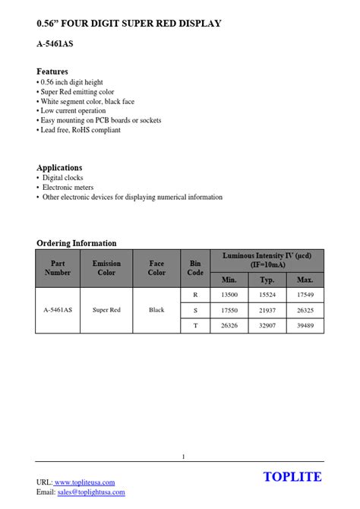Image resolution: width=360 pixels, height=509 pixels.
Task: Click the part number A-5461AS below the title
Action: (x=55, y=44)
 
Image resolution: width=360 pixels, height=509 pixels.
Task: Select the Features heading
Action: (x=52, y=71)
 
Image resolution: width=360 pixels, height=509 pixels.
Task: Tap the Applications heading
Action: (x=59, y=167)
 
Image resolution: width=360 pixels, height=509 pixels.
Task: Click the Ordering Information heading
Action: (x=77, y=243)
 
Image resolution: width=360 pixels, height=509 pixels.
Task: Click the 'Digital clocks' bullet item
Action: (x=62, y=178)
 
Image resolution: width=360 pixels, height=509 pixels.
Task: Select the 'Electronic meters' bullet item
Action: (x=68, y=187)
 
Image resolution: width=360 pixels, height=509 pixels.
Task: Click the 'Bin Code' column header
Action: (x=195, y=267)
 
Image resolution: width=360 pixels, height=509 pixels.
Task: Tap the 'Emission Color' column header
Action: (x=106, y=267)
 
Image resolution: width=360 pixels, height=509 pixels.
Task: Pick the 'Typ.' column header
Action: (x=267, y=280)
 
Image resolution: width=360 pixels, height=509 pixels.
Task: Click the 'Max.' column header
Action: (x=305, y=280)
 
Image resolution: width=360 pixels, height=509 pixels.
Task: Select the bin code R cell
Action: (x=195, y=294)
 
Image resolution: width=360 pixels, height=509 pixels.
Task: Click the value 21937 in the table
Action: (x=267, y=310)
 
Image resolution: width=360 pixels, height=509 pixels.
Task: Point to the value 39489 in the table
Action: (x=305, y=326)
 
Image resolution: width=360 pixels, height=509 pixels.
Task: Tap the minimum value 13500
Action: (x=229, y=294)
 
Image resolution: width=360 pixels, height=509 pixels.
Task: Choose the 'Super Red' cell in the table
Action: (x=106, y=310)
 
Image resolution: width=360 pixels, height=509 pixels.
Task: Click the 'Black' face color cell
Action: (x=156, y=310)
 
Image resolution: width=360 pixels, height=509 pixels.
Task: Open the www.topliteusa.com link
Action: (x=84, y=482)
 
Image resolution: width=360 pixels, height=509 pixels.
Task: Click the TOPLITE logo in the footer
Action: (x=292, y=477)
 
